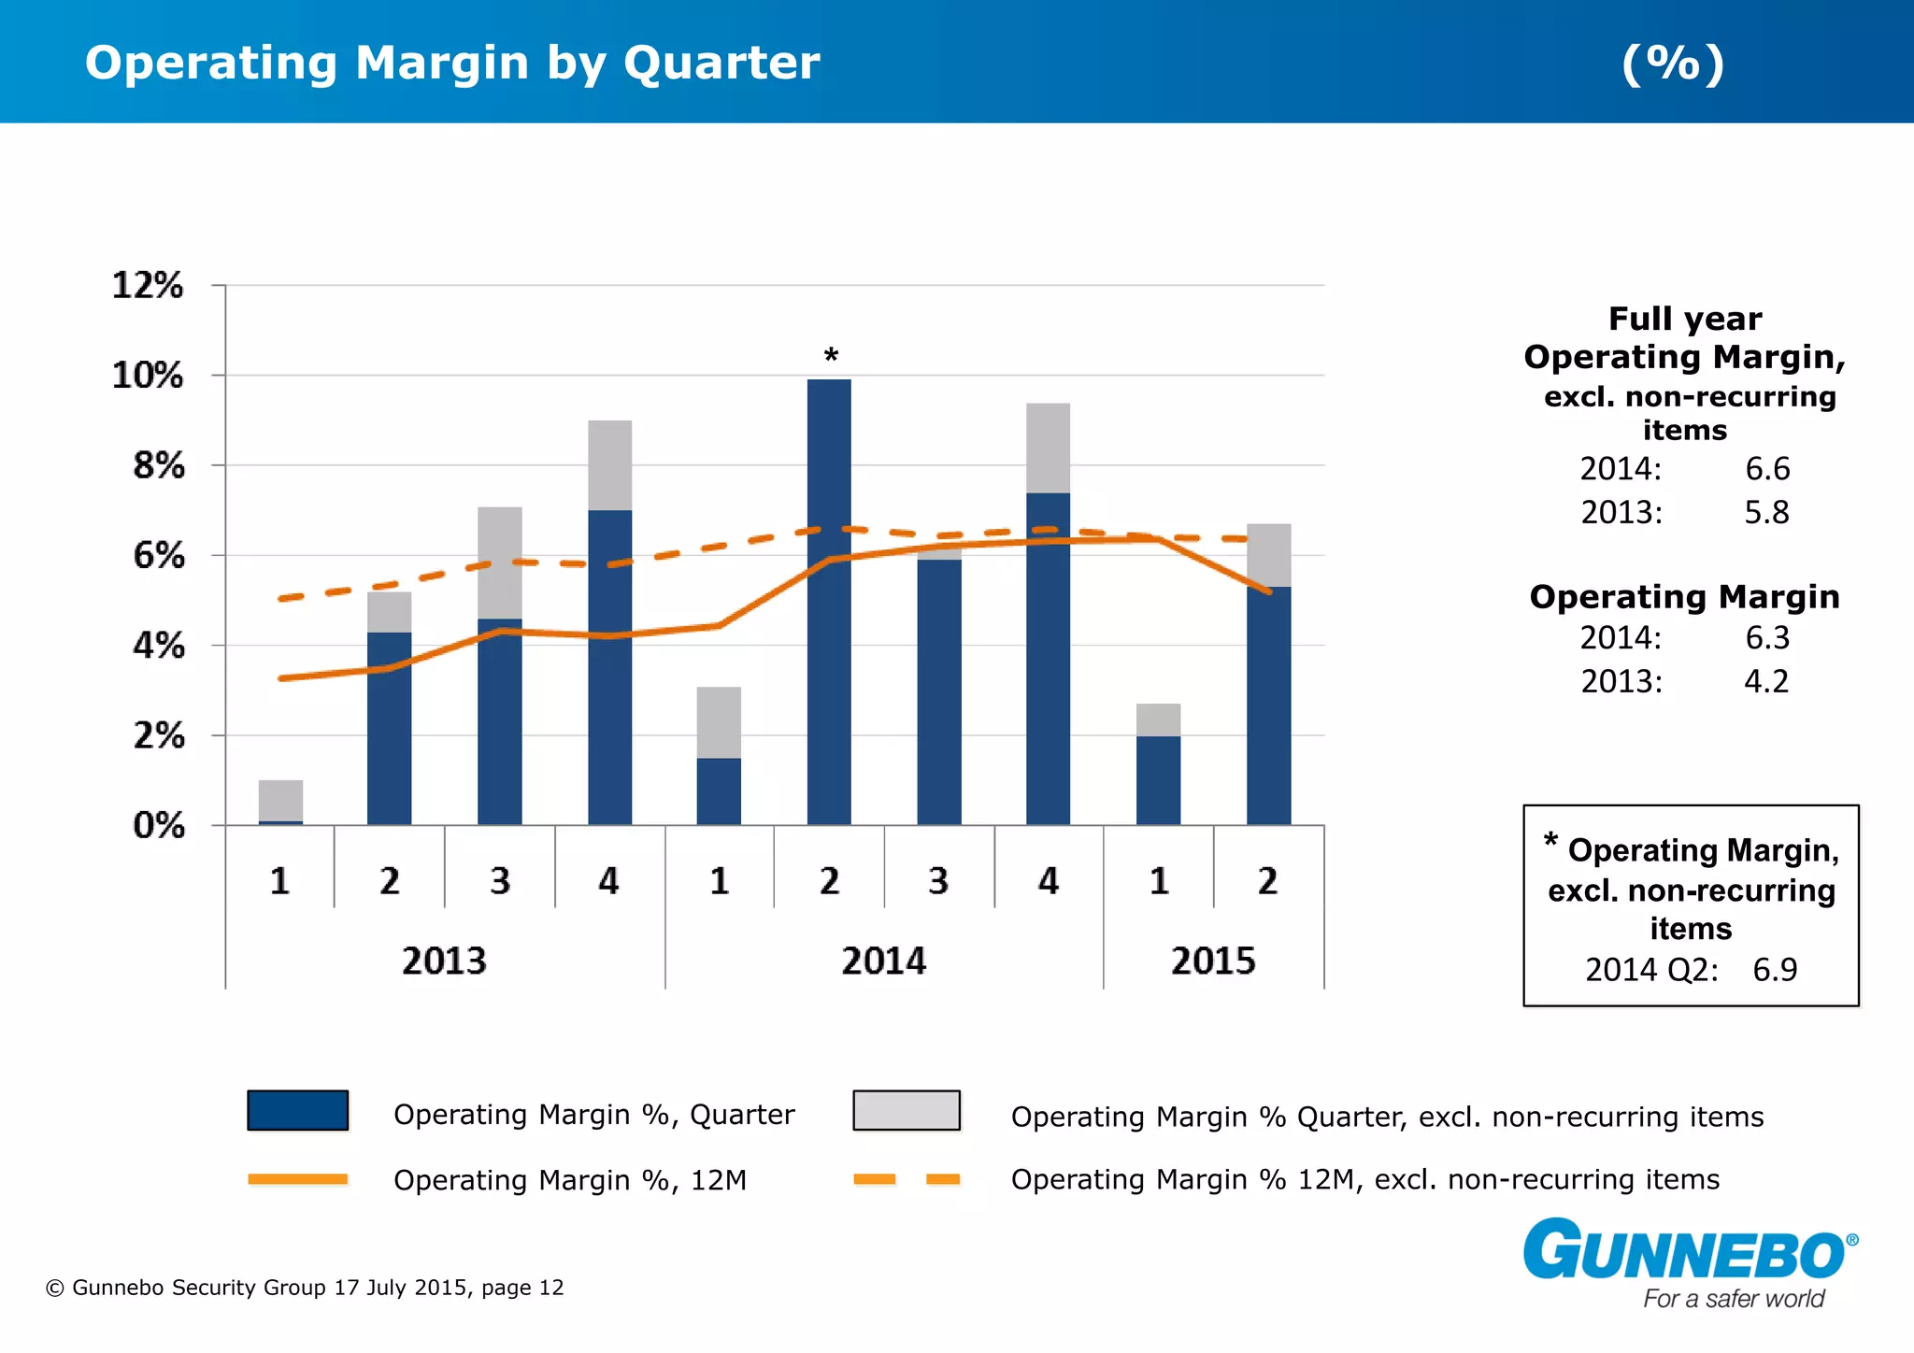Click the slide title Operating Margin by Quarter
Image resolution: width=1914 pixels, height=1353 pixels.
pyautogui.click(x=452, y=64)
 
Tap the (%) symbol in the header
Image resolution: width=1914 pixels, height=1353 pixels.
pyautogui.click(x=1672, y=64)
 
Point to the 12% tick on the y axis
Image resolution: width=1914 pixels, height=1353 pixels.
pyautogui.click(x=148, y=285)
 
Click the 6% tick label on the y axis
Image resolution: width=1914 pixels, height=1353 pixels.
pyautogui.click(x=159, y=556)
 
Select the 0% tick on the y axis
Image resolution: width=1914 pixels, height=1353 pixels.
pyautogui.click(x=159, y=826)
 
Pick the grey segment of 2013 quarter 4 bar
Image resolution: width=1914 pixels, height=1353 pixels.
pyautogui.click(x=609, y=464)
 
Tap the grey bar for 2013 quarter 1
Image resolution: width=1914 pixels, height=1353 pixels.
pyautogui.click(x=280, y=800)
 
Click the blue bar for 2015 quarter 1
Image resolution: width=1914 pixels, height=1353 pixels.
pyautogui.click(x=1158, y=780)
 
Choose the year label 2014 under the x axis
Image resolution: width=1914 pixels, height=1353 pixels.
pyautogui.click(x=883, y=961)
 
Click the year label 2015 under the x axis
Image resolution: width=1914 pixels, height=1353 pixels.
pyautogui.click(x=1213, y=961)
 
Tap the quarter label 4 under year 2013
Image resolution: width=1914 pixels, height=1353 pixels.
pyautogui.click(x=608, y=881)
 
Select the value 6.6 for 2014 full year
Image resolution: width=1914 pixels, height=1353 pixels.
pyautogui.click(x=1767, y=469)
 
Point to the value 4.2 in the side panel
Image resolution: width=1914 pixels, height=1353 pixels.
pyautogui.click(x=1766, y=681)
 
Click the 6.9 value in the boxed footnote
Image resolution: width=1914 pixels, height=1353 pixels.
pyautogui.click(x=1774, y=970)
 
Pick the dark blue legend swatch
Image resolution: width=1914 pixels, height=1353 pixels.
pyautogui.click(x=297, y=1110)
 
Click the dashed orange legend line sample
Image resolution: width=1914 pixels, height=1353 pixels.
pyautogui.click(x=907, y=1179)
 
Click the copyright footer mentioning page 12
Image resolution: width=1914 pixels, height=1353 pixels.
pyautogui.click(x=305, y=1288)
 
